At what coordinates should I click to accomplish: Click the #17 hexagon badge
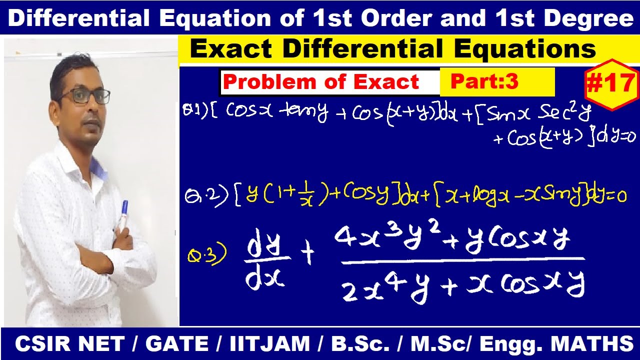[x=610, y=84]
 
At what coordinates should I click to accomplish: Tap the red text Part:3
[x=484, y=81]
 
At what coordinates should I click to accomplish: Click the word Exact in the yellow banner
[x=231, y=49]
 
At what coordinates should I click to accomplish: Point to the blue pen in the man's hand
[x=124, y=212]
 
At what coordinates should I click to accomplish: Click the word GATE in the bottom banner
[x=177, y=344]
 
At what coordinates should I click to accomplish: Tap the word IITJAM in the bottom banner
[x=270, y=344]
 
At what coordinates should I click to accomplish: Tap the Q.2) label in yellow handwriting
[x=207, y=196]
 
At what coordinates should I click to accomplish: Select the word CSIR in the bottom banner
[x=43, y=344]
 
